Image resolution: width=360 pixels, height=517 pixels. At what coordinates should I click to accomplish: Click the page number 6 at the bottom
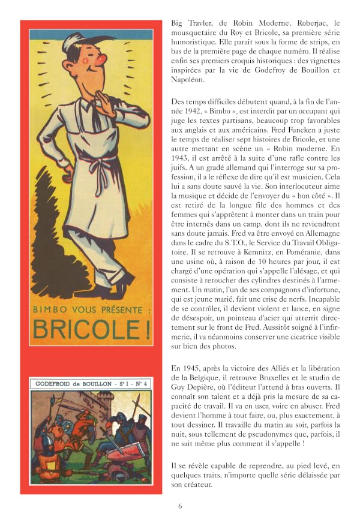(x=180, y=506)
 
